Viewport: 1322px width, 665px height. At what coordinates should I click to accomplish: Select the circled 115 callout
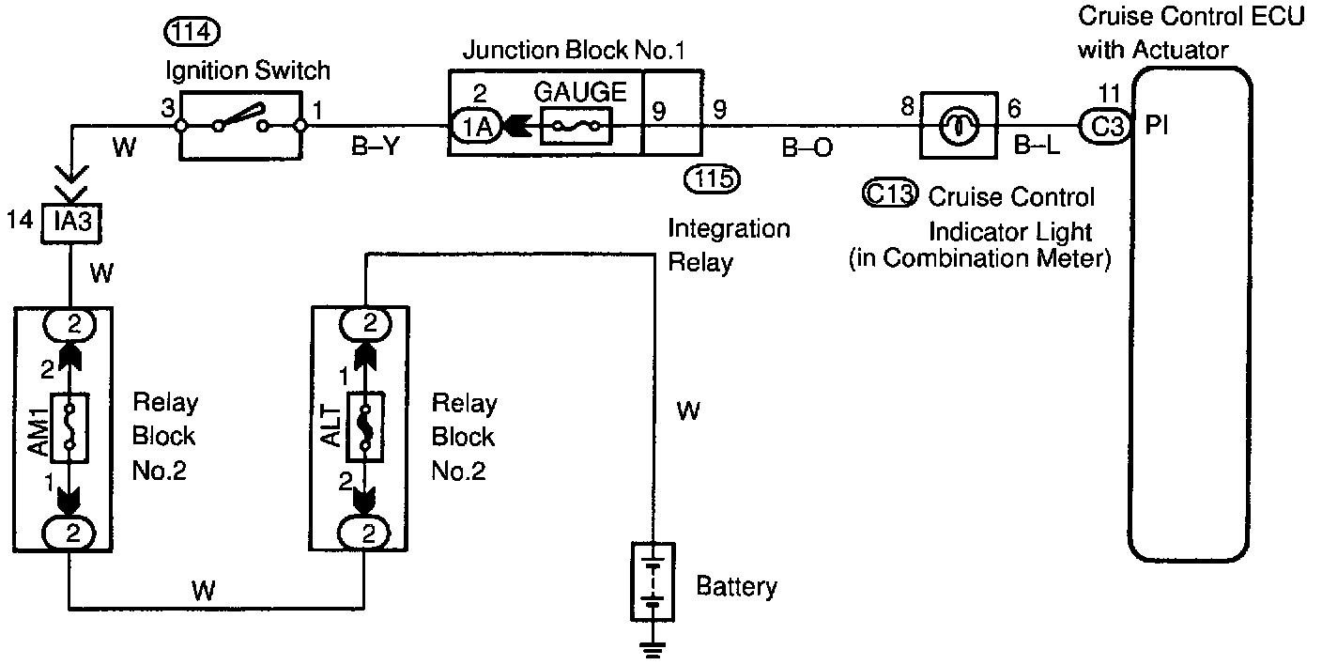[x=713, y=176]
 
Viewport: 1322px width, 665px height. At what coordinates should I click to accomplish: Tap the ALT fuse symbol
[x=364, y=428]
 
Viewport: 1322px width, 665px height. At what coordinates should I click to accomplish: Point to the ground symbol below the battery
[x=653, y=648]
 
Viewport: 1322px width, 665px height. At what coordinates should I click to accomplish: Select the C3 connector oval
[x=1102, y=125]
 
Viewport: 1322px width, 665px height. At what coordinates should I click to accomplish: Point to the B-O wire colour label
[x=807, y=148]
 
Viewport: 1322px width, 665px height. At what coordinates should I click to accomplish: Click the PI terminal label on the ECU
[x=1157, y=126]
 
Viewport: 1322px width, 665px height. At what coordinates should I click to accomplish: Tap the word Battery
[x=736, y=588]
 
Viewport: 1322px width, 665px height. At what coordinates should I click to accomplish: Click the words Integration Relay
[x=729, y=245]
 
